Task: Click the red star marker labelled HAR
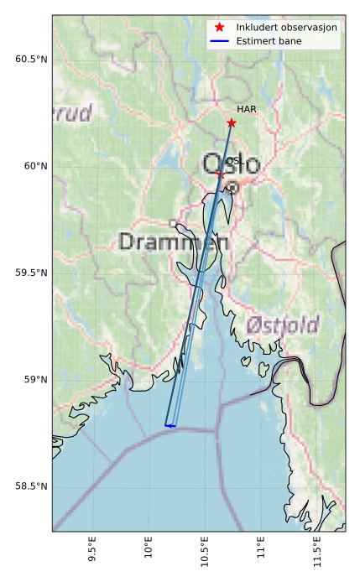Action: [231, 123]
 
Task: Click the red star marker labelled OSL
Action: [220, 174]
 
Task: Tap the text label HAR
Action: [246, 109]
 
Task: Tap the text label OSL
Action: [233, 160]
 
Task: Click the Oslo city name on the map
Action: [231, 164]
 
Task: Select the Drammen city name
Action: [174, 242]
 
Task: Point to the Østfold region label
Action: [283, 325]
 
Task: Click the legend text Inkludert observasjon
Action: [286, 28]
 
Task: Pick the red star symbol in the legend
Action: [220, 28]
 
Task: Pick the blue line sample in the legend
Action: [220, 40]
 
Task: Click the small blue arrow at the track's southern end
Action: [170, 426]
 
